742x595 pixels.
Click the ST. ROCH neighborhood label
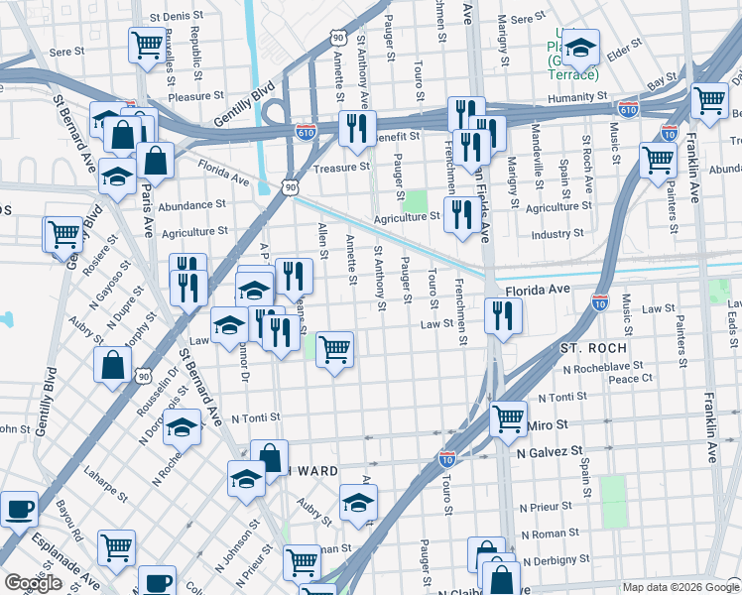point(592,349)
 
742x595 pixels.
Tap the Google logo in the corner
point(33,583)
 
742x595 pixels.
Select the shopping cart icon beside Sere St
point(147,44)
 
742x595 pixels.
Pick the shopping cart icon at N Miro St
point(508,417)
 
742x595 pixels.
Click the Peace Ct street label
point(631,379)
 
